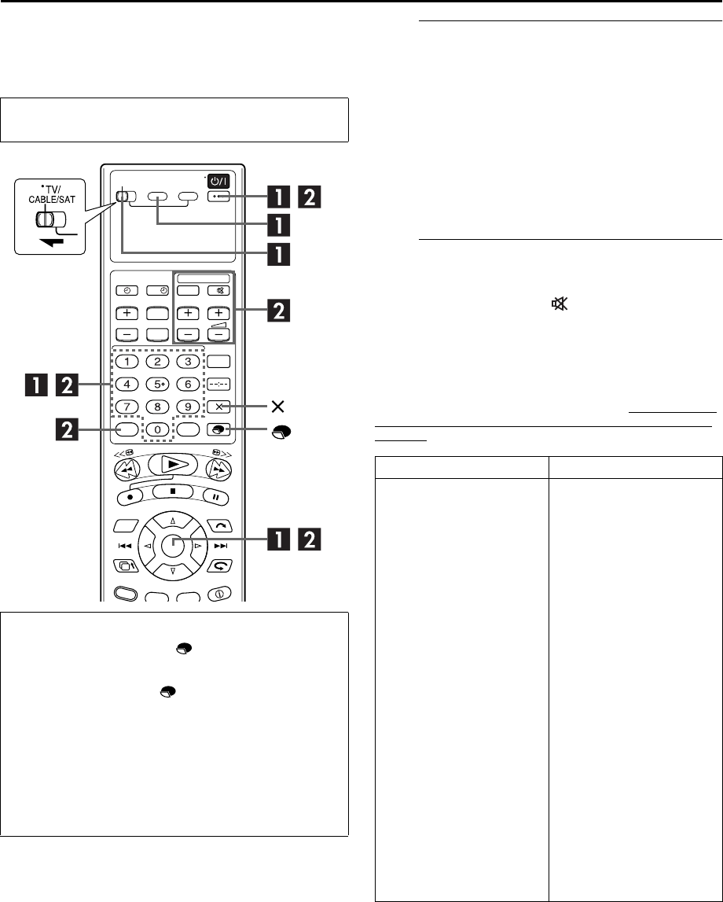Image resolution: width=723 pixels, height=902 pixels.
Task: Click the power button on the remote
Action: pos(218,181)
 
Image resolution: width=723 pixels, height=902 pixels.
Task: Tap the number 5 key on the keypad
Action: pos(157,385)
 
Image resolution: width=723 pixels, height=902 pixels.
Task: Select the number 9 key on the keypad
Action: pos(188,407)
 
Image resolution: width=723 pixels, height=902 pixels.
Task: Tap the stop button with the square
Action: pos(172,491)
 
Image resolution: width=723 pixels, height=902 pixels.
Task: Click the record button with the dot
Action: pos(130,496)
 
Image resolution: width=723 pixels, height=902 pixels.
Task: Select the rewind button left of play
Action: pos(127,470)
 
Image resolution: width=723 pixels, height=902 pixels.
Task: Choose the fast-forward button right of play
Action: pos(219,470)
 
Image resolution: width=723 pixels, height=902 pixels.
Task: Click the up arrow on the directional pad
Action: pos(172,521)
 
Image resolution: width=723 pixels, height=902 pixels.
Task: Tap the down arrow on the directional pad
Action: pos(172,571)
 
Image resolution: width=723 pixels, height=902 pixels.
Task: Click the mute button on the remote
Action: pos(218,290)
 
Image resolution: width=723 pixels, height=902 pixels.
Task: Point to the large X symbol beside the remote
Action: pos(277,407)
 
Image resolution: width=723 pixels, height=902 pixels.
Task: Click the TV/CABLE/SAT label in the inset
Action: pos(52,194)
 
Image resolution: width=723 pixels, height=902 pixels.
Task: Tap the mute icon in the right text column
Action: pos(560,304)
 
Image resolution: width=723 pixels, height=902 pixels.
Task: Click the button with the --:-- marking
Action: pos(218,385)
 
